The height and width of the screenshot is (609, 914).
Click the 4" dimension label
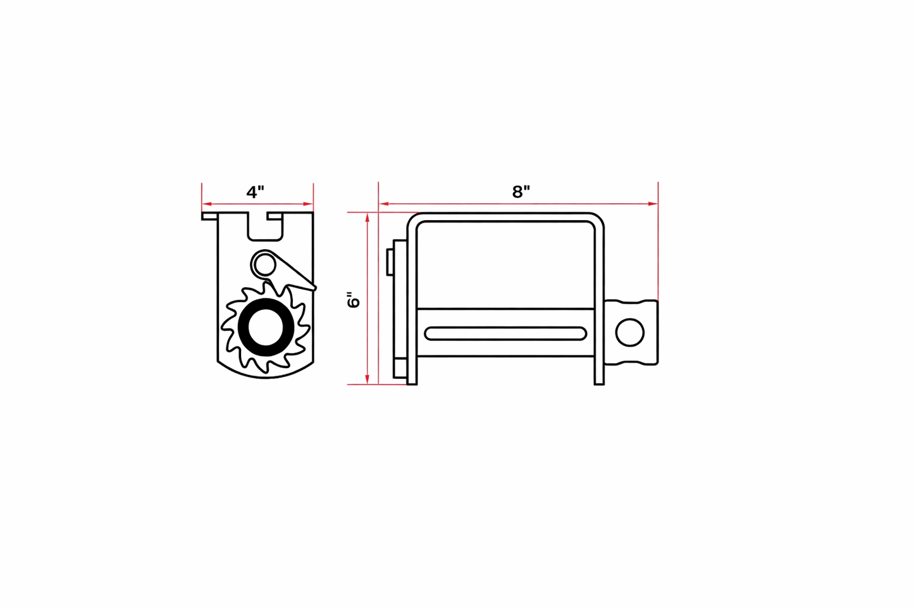255,192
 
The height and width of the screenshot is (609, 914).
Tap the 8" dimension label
521,192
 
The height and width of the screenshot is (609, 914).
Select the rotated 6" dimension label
354,300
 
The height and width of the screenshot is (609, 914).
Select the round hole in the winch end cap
629,333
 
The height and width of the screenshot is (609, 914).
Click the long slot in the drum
505,333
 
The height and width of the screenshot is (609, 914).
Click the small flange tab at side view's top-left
209,216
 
